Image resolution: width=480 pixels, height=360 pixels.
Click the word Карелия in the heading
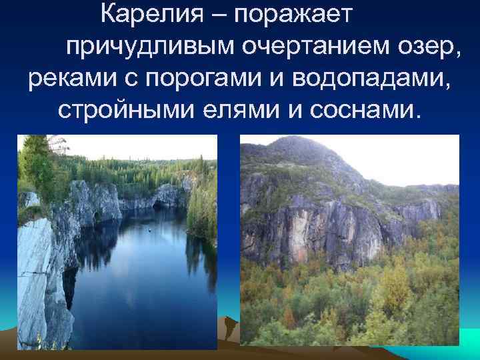click(x=149, y=14)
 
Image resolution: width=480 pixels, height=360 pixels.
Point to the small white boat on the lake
click(x=149, y=231)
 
